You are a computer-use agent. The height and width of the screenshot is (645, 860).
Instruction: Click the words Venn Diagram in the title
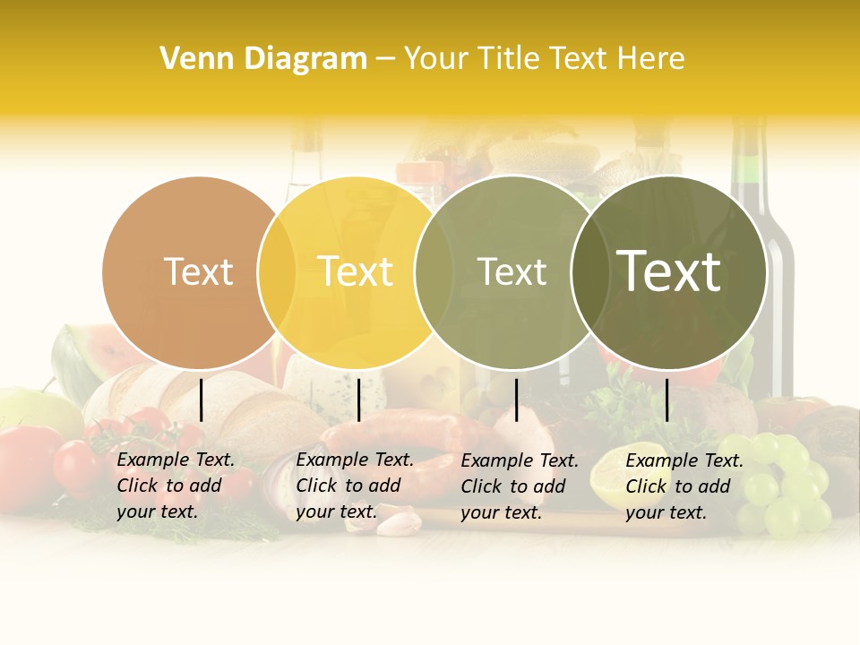(263, 59)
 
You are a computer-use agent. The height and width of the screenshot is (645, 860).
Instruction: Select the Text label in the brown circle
(198, 271)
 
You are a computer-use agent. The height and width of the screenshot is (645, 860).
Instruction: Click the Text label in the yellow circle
(355, 271)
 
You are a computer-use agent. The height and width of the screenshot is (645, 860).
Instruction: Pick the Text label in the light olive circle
(512, 271)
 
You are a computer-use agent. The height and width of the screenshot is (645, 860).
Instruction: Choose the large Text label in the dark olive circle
(669, 271)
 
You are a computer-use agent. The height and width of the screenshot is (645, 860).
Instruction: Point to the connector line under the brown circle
(202, 400)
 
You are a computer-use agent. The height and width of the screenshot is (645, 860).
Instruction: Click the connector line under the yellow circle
(358, 400)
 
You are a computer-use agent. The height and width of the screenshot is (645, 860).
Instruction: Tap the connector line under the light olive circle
(516, 400)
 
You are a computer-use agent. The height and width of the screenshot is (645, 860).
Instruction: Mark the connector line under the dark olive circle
(666, 400)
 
